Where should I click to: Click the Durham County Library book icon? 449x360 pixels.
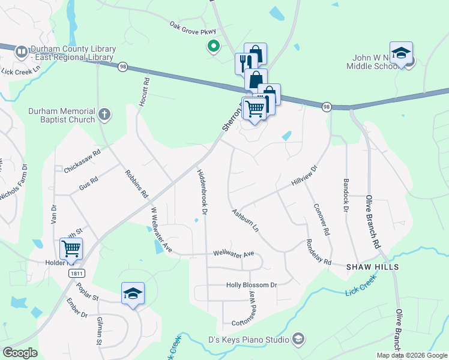[x=22, y=52]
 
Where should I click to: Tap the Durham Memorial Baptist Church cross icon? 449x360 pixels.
[x=104, y=114]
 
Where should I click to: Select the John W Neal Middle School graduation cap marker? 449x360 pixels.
[x=401, y=53]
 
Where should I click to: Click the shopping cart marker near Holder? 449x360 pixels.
[x=71, y=248]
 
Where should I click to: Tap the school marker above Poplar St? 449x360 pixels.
[x=133, y=293]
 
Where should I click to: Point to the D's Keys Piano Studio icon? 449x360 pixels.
[x=298, y=340]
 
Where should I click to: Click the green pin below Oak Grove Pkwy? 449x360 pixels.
[x=212, y=46]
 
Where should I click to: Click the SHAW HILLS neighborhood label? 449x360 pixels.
[x=372, y=266]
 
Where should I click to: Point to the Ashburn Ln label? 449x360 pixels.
[x=245, y=221]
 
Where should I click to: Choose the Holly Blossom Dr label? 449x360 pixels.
[x=250, y=285]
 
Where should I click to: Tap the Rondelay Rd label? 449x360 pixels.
[x=318, y=252]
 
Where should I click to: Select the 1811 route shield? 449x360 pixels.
[x=76, y=273]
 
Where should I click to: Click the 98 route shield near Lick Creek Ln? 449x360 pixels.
[x=123, y=66]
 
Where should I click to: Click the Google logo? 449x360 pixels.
[x=20, y=353]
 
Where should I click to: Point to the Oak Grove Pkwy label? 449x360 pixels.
[x=192, y=26]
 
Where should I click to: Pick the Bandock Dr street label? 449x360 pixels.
[x=346, y=195]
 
